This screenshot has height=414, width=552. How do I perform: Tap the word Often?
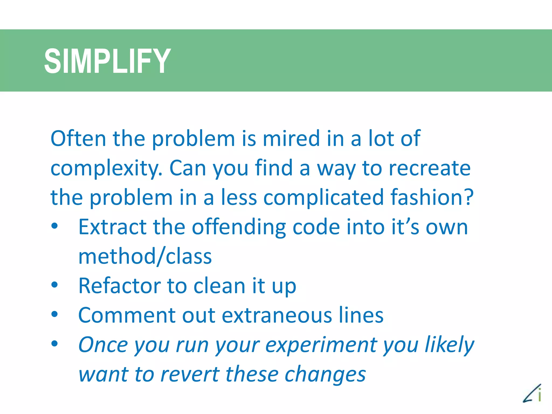pos(78,139)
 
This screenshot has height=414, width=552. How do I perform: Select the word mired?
pos(291,139)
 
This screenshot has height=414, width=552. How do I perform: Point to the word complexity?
pos(106,169)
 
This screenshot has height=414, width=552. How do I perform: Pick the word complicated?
pos(323,198)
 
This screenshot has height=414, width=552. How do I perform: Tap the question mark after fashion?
pos(469,197)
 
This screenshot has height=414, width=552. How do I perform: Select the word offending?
pos(239,227)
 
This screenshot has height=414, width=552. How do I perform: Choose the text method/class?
pos(145,256)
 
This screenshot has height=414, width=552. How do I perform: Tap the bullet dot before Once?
pos(55,343)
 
